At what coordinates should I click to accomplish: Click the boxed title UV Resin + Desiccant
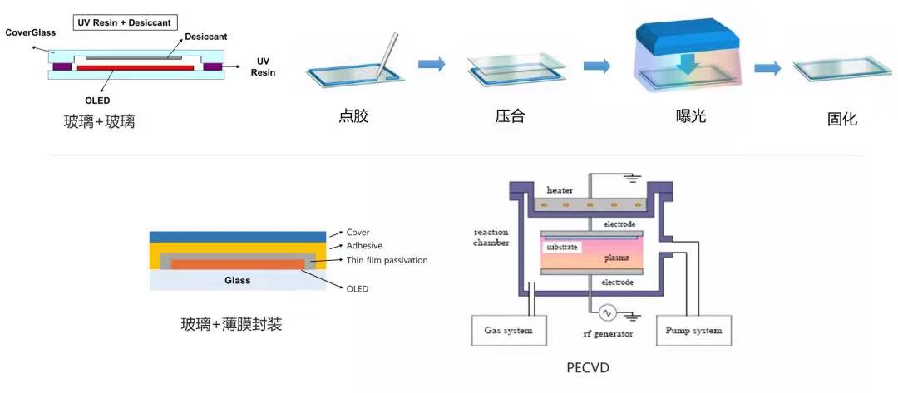tap(125, 22)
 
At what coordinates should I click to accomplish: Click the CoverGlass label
tap(30, 32)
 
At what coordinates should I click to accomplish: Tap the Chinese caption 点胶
tap(353, 116)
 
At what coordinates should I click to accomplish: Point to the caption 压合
tap(510, 116)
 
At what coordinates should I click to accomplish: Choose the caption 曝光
tap(691, 116)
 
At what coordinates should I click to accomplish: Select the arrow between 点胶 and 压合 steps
tap(431, 64)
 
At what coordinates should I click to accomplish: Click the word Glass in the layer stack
tap(238, 281)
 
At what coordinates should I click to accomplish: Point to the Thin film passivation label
tap(387, 260)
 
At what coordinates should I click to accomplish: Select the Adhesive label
tap(364, 246)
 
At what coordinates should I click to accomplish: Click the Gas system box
tap(508, 331)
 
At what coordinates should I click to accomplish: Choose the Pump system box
tap(694, 331)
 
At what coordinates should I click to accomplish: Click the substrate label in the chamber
tap(563, 248)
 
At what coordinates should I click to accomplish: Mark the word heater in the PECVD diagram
tap(560, 190)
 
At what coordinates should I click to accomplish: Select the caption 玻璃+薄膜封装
tap(231, 324)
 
